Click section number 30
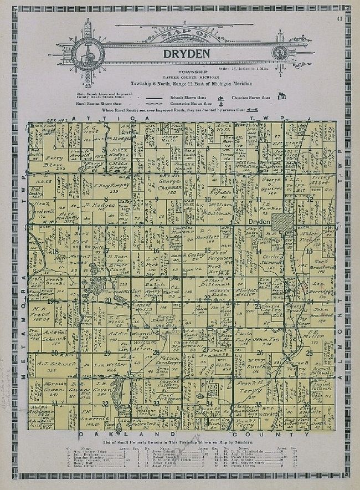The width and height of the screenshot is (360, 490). tap(55, 353)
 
